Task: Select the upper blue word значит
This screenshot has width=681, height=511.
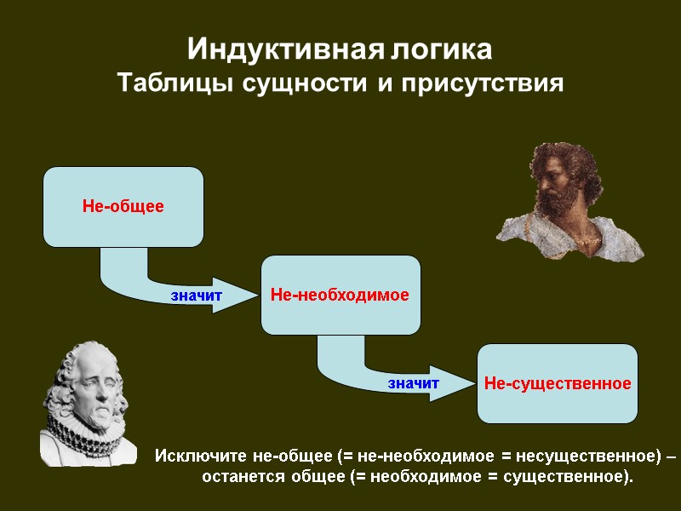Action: click(x=196, y=296)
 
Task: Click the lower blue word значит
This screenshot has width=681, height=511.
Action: click(x=413, y=383)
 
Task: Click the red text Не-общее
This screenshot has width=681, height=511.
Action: click(x=123, y=206)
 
